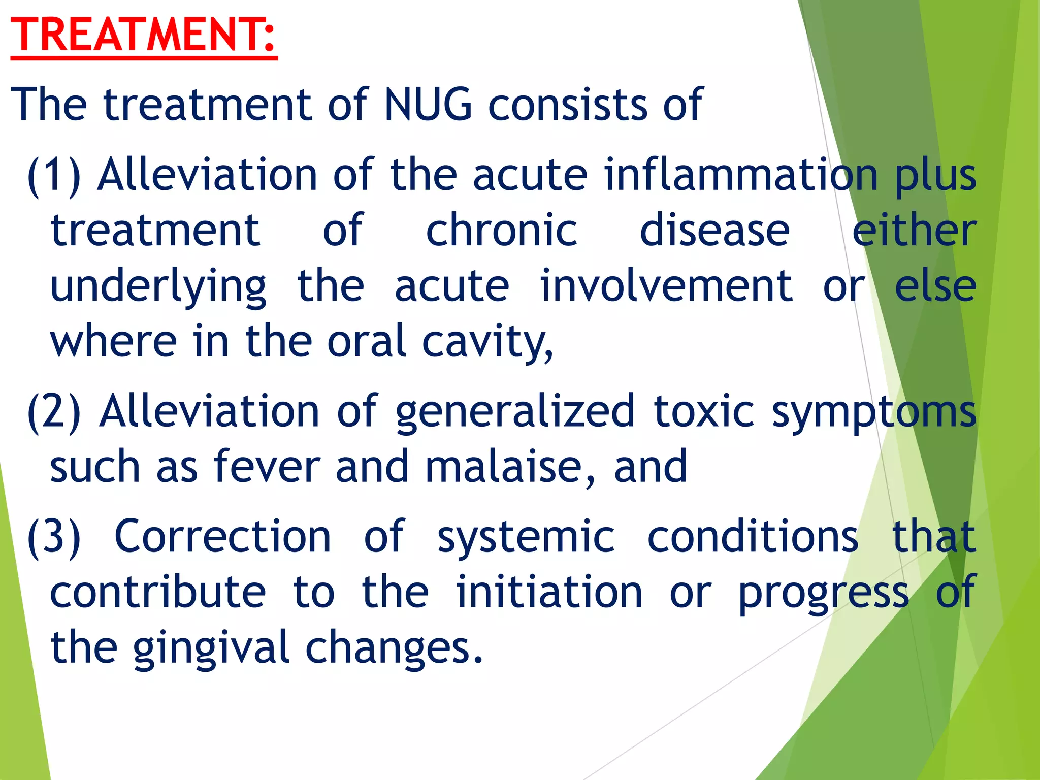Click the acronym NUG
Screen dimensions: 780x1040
(x=428, y=105)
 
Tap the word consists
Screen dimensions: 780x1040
(x=568, y=105)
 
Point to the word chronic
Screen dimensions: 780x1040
(x=502, y=231)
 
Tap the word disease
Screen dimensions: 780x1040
(x=714, y=231)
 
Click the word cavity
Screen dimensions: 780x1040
(x=487, y=342)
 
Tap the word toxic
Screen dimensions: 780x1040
(x=704, y=411)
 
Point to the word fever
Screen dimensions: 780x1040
(x=267, y=467)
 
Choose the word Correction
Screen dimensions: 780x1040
(x=223, y=537)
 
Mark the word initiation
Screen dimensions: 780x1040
(x=549, y=592)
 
